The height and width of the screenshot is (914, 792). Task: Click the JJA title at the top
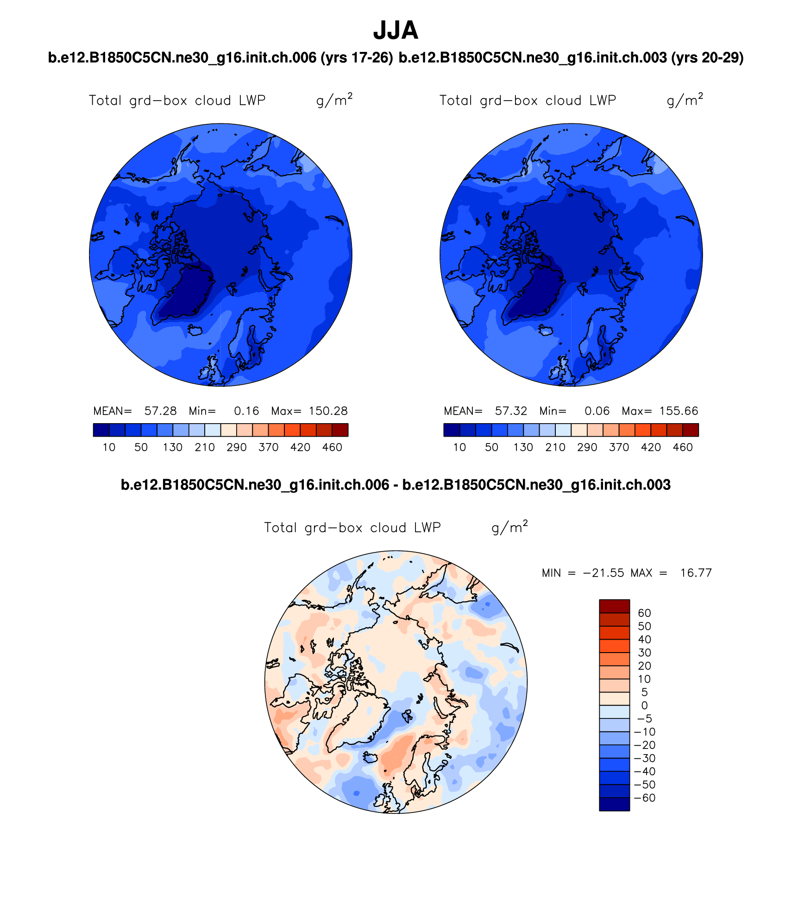click(x=396, y=31)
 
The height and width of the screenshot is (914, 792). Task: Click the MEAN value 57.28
click(x=160, y=411)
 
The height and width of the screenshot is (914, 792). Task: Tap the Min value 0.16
click(x=246, y=411)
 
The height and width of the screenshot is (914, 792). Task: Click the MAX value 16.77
click(x=696, y=573)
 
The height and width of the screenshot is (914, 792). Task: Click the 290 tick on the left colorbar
click(x=236, y=448)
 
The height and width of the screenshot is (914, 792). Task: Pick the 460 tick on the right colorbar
click(x=683, y=448)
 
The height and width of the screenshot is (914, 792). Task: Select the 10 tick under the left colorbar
click(x=109, y=448)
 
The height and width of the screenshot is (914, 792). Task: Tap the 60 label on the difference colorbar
click(x=644, y=613)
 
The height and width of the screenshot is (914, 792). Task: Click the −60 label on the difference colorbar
click(x=644, y=798)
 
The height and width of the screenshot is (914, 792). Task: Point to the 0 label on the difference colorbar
click(x=644, y=705)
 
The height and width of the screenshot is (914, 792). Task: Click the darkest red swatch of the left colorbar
click(x=340, y=430)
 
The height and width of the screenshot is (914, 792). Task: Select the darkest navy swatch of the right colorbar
click(x=452, y=430)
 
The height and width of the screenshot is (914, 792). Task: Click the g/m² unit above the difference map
click(x=509, y=527)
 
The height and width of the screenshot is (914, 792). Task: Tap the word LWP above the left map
click(x=252, y=101)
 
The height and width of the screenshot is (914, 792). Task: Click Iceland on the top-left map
click(x=195, y=330)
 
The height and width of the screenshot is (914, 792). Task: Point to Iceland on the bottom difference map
click(x=371, y=757)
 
